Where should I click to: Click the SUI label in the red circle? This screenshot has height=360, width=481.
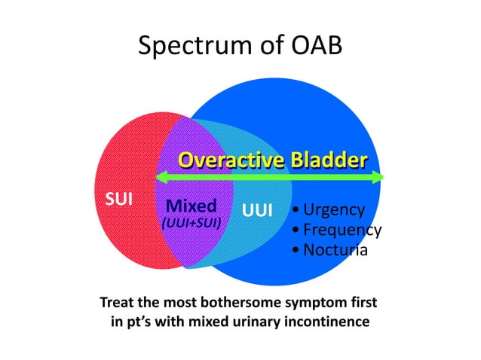118,200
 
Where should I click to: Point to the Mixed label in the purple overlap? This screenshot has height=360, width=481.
191,206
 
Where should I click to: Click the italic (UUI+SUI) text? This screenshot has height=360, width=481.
191,224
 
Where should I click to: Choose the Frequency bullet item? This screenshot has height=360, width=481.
337,230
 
